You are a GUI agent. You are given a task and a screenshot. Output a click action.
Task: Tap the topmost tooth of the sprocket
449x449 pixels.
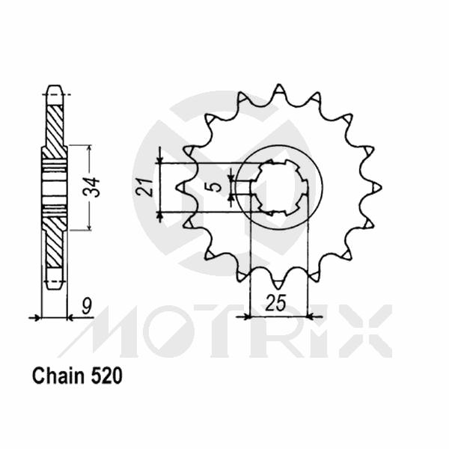[x=278, y=90]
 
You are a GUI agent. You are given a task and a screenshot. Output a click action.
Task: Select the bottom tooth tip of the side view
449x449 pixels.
[x=53, y=285]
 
